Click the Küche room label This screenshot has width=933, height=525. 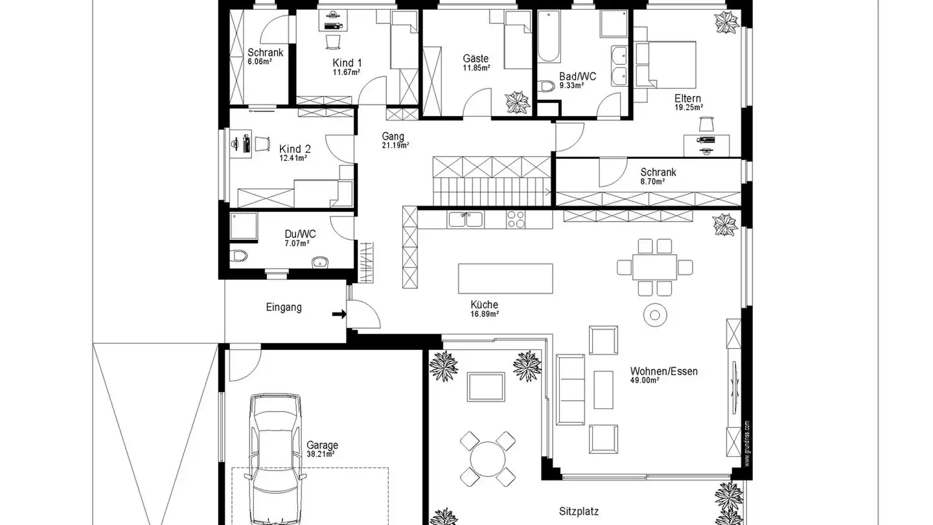[x=484, y=305]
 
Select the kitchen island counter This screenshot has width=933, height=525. [x=506, y=279]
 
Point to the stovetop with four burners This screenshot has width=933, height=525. [x=516, y=219]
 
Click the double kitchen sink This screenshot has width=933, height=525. [x=465, y=219]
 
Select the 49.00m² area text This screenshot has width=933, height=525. [x=645, y=381]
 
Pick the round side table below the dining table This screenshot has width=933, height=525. [x=654, y=315]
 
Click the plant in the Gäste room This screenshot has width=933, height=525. [x=517, y=102]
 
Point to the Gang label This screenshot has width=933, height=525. [x=393, y=137]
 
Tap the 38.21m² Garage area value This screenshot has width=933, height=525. [x=321, y=455]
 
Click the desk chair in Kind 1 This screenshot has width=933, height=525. [x=332, y=41]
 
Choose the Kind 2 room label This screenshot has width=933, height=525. [x=290, y=149]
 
